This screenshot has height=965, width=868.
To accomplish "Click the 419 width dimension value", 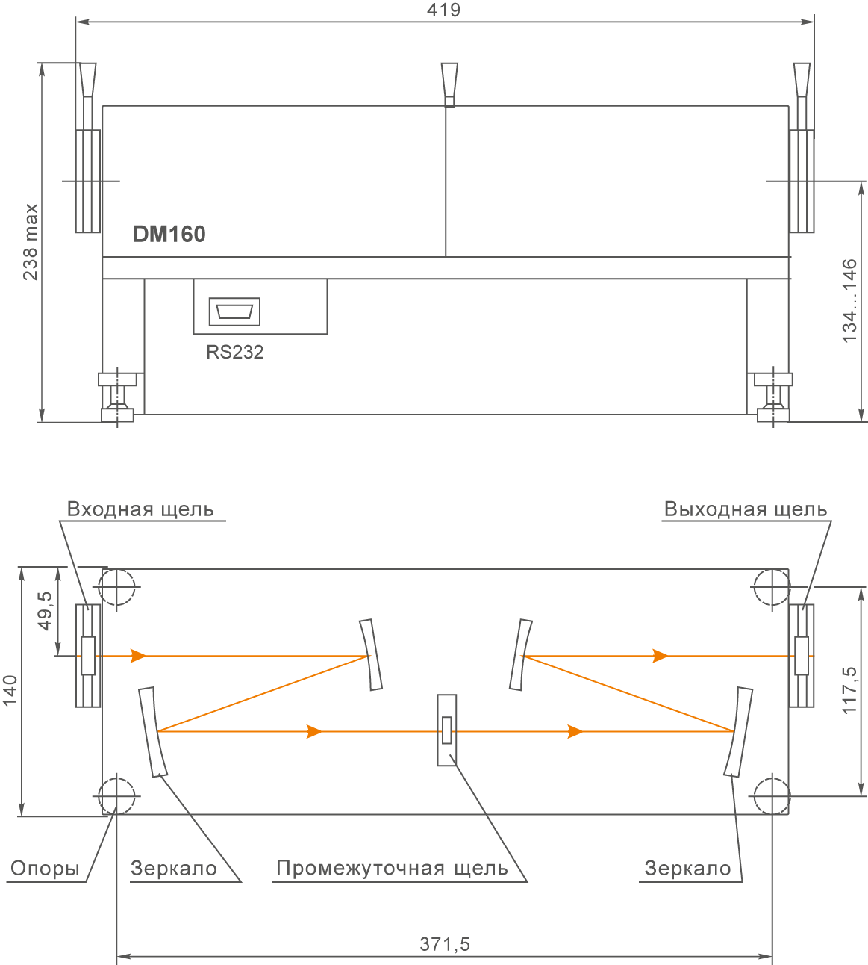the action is click(443, 10).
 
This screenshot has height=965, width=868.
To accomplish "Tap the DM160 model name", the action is click(169, 235).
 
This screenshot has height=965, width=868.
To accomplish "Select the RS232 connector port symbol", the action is click(234, 311).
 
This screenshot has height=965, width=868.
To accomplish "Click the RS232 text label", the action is click(234, 352).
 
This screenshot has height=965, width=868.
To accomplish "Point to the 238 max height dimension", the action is click(31, 242).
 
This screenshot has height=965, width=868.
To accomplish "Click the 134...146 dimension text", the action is click(850, 301).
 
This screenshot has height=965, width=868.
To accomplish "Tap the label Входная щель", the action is click(140, 509).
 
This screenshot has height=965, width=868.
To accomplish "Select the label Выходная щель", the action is click(746, 509).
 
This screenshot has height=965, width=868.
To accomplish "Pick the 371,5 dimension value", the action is click(445, 944).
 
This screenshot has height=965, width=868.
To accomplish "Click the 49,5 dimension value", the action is click(45, 612).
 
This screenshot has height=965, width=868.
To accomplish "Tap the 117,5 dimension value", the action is click(850, 691).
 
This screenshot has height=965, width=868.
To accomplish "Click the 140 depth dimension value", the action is click(10, 692).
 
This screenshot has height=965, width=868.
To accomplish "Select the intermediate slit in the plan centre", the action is click(447, 730).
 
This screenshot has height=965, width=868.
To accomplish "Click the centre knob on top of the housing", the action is click(449, 84).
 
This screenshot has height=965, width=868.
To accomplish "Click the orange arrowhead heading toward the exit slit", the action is click(661, 656).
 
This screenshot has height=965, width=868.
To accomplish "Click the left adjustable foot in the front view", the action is click(117, 398).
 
